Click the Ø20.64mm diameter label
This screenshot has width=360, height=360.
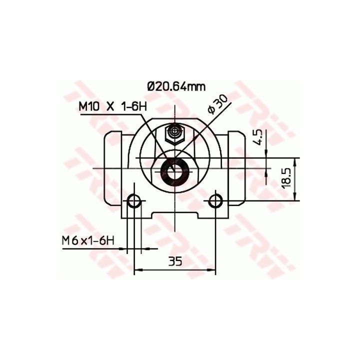click(176, 87)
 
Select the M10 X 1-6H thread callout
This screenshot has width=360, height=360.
click(112, 106)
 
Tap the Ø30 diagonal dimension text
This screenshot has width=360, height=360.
click(217, 104)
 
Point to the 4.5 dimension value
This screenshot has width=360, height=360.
click(258, 137)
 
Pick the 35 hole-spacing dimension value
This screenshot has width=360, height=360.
click(175, 261)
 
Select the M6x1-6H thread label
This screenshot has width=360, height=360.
click(88, 241)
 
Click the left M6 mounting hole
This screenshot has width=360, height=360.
click(134, 201)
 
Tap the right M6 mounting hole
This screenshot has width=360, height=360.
click(215, 200)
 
